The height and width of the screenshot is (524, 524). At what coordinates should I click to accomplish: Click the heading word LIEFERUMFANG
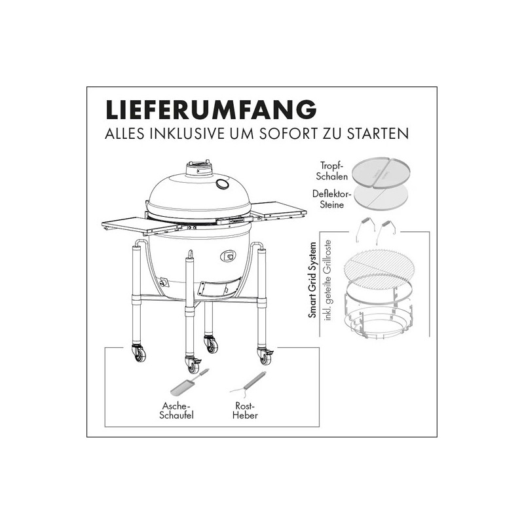click(211, 109)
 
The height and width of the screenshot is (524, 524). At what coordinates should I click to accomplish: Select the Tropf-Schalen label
click(332, 172)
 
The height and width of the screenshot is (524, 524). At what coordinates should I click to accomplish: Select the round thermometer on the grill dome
click(223, 183)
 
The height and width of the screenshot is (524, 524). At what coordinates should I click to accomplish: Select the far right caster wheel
click(266, 356)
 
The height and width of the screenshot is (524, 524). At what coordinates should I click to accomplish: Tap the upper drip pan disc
click(379, 172)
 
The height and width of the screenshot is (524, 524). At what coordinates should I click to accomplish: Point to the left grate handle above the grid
click(362, 229)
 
